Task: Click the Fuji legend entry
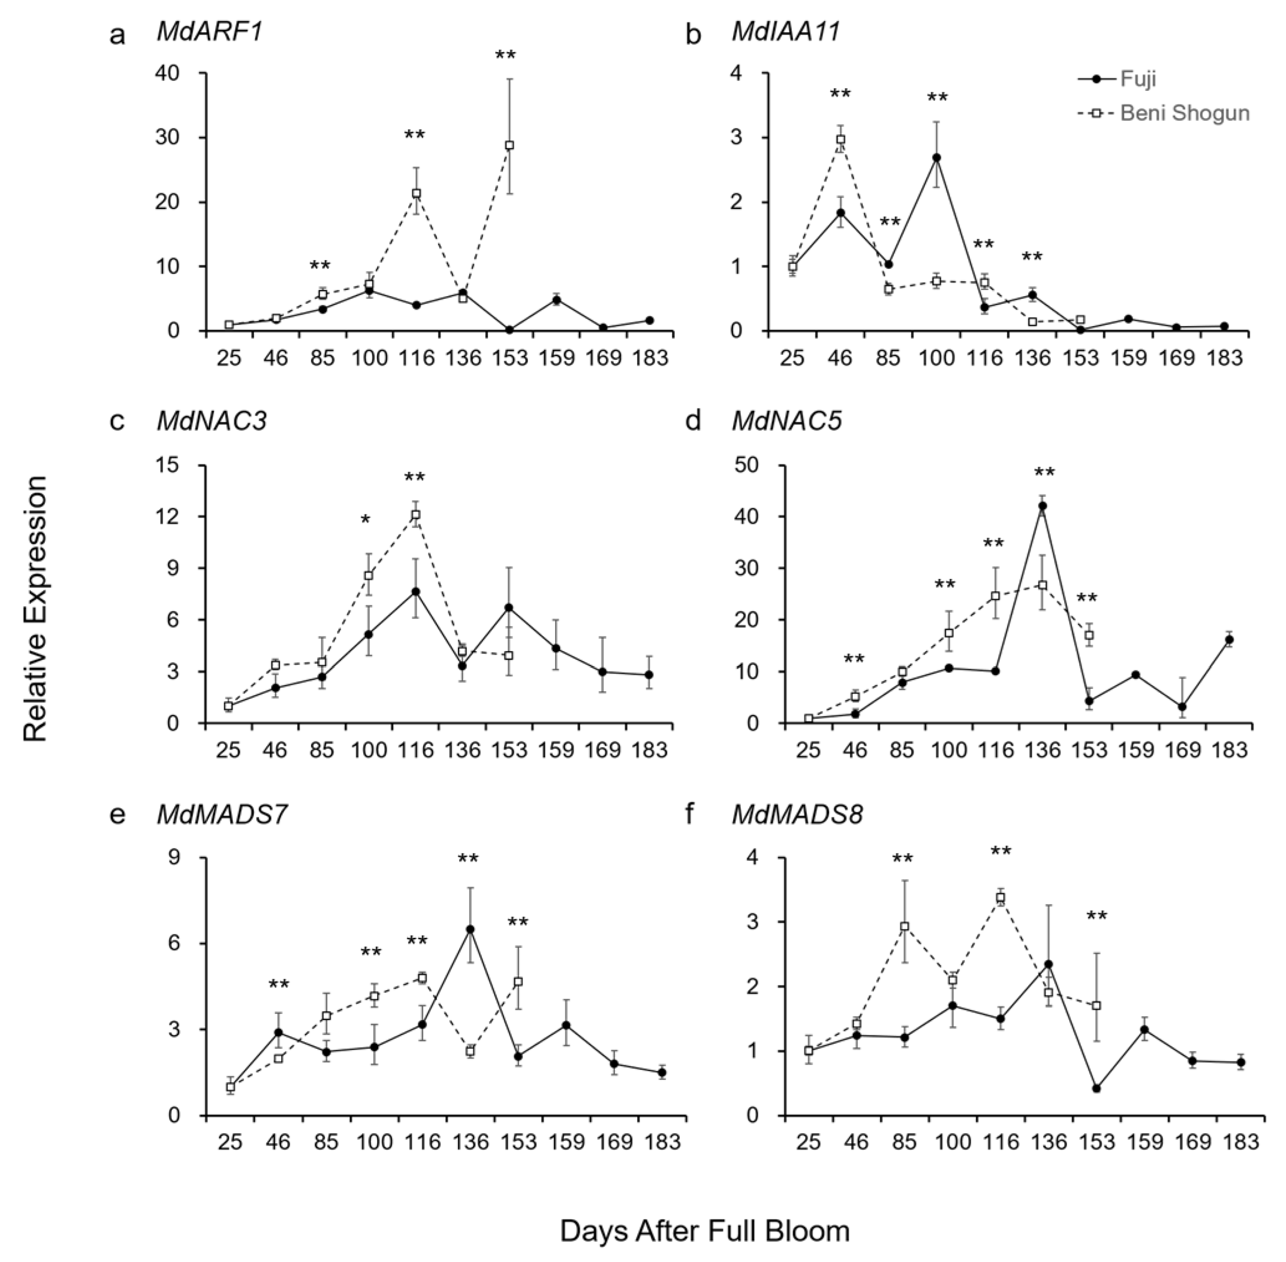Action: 1138,79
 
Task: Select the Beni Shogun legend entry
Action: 1184,113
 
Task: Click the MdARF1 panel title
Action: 210,32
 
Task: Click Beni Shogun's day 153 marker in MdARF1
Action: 509,145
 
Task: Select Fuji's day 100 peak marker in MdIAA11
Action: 936,158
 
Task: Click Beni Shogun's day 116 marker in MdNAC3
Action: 416,515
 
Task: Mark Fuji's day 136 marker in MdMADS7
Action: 470,929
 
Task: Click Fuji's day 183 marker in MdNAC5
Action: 1229,640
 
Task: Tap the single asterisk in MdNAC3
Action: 365,519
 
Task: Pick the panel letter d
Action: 693,421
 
